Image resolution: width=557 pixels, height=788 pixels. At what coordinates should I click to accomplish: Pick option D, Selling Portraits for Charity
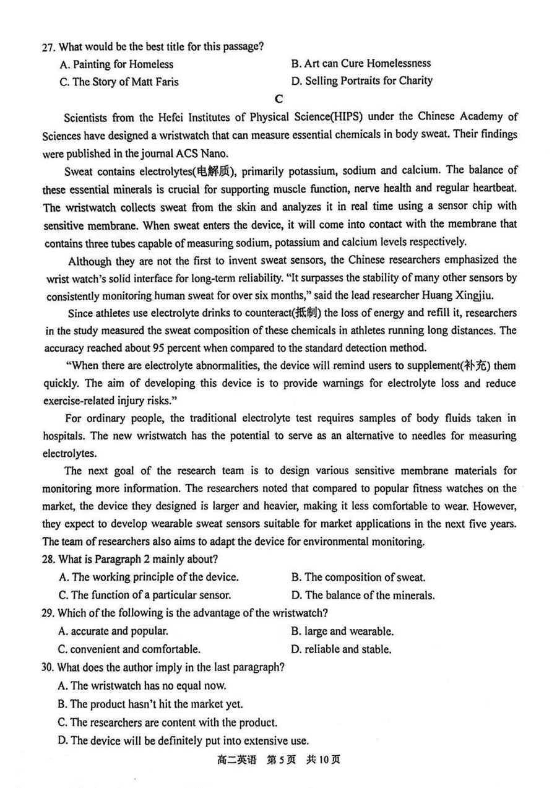click(361, 80)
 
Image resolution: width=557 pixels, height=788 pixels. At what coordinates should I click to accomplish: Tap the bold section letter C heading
click(278, 99)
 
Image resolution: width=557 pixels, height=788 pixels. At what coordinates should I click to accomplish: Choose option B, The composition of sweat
click(358, 578)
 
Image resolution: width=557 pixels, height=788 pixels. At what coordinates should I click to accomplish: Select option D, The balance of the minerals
click(362, 595)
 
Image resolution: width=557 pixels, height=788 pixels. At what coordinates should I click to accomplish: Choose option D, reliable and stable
click(340, 650)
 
